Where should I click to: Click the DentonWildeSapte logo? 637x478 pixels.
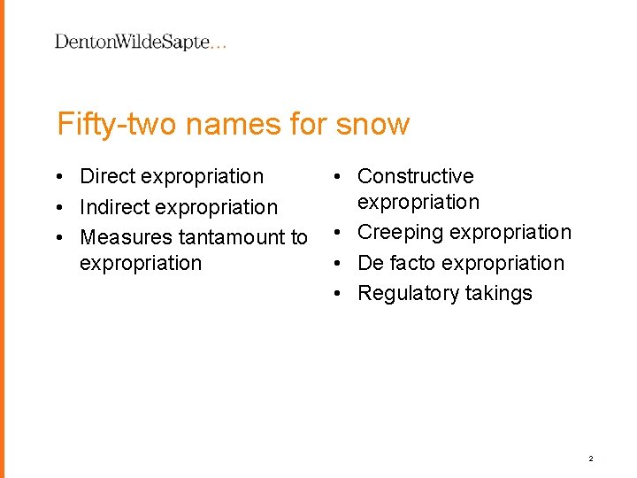(x=140, y=42)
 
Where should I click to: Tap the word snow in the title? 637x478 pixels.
(x=372, y=124)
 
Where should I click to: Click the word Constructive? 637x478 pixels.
(x=415, y=177)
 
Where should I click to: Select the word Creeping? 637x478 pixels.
(x=400, y=233)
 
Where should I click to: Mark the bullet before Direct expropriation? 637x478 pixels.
(x=66, y=177)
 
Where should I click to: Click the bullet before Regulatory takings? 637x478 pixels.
(x=341, y=293)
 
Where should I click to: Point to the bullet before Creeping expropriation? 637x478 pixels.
(x=341, y=233)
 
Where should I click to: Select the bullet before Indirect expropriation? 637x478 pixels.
(x=66, y=207)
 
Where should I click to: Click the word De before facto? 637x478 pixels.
(x=369, y=263)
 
